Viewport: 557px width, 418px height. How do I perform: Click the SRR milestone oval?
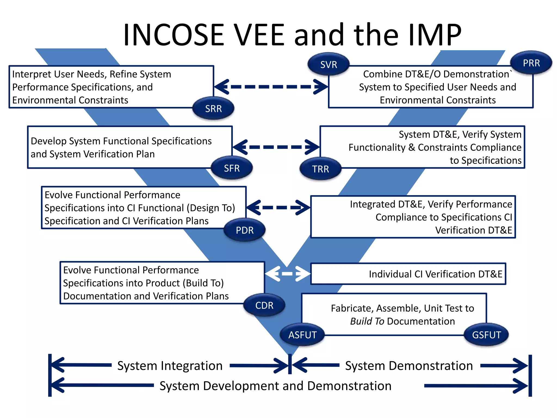coord(213,109)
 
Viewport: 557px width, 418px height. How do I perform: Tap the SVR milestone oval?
coord(329,64)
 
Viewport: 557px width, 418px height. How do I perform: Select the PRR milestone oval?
coord(531,63)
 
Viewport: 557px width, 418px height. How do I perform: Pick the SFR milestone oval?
coord(232,168)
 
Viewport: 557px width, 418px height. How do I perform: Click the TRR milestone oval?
coord(320,169)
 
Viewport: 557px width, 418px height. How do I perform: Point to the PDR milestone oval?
coord(245,230)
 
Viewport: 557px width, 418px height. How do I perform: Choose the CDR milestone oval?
coord(264,305)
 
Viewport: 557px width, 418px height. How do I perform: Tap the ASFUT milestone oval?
coord(302,335)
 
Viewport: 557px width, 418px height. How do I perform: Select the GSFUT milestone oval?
coord(486,335)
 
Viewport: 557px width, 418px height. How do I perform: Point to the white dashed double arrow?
coord(287,273)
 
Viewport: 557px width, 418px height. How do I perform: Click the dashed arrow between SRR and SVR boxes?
coord(271,87)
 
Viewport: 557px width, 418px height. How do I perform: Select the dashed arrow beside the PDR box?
coord(278,208)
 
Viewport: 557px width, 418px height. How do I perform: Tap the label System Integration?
coord(170,366)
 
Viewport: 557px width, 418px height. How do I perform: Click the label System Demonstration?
coord(409,366)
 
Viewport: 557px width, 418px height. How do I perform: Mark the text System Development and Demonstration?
coord(275,386)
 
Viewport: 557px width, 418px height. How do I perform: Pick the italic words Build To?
coord(367,321)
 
